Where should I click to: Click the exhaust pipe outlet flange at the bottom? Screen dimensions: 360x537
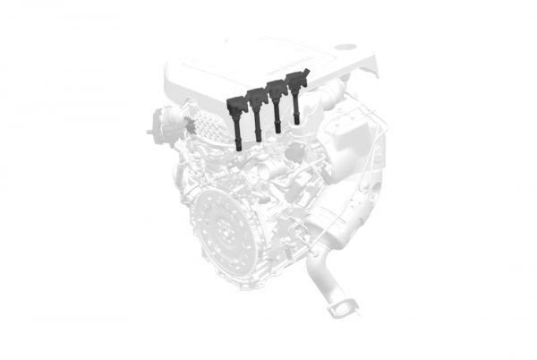[x=340, y=310]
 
